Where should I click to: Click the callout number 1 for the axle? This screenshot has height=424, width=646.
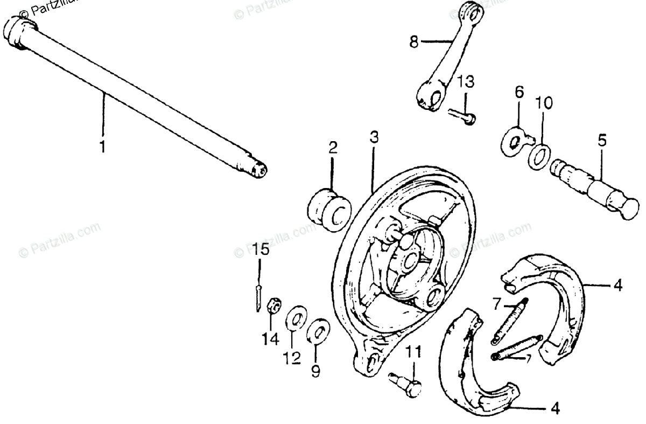coord(102,147)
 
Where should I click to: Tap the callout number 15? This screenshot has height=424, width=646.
coord(260,250)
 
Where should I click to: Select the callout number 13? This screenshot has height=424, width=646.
coord(466,82)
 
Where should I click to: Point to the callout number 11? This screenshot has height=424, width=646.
coord(413,353)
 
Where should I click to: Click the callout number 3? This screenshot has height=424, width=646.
coord(374,137)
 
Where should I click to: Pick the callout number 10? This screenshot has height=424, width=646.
coord(544,103)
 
